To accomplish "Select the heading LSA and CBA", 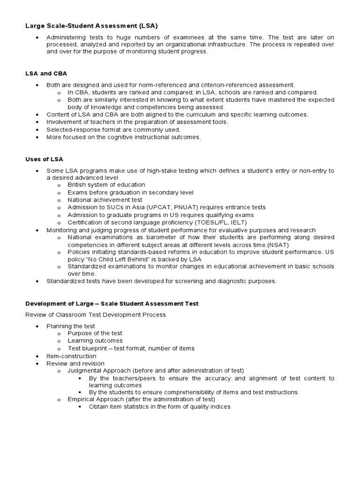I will tap(46, 74).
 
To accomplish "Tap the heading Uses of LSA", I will tap(44, 159).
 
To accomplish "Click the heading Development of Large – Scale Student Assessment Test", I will tap(112, 304).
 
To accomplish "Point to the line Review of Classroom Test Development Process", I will tap(96, 315).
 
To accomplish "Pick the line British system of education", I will tap(106, 185).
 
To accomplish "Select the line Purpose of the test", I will tap(95, 333).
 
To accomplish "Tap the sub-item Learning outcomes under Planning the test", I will tap(95, 341).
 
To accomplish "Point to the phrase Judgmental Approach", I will tap(99, 371).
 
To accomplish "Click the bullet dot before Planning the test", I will tap(37, 326).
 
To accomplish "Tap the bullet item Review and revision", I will tap(75, 364).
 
